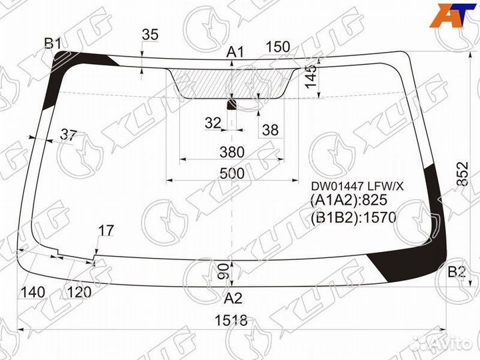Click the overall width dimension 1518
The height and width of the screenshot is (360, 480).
[x=231, y=321]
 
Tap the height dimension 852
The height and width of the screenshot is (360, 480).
[x=463, y=173]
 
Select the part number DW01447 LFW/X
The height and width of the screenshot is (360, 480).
[x=357, y=186]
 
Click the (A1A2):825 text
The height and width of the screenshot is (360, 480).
[x=349, y=200]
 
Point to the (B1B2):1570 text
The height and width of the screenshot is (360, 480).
[x=353, y=217]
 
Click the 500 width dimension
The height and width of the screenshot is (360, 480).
[x=233, y=173]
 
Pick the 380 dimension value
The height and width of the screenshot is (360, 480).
[x=232, y=152]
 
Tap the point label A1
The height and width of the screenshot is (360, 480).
[x=235, y=52]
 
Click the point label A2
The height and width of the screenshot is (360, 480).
[x=233, y=298]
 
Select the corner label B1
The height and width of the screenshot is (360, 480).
[x=53, y=44]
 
